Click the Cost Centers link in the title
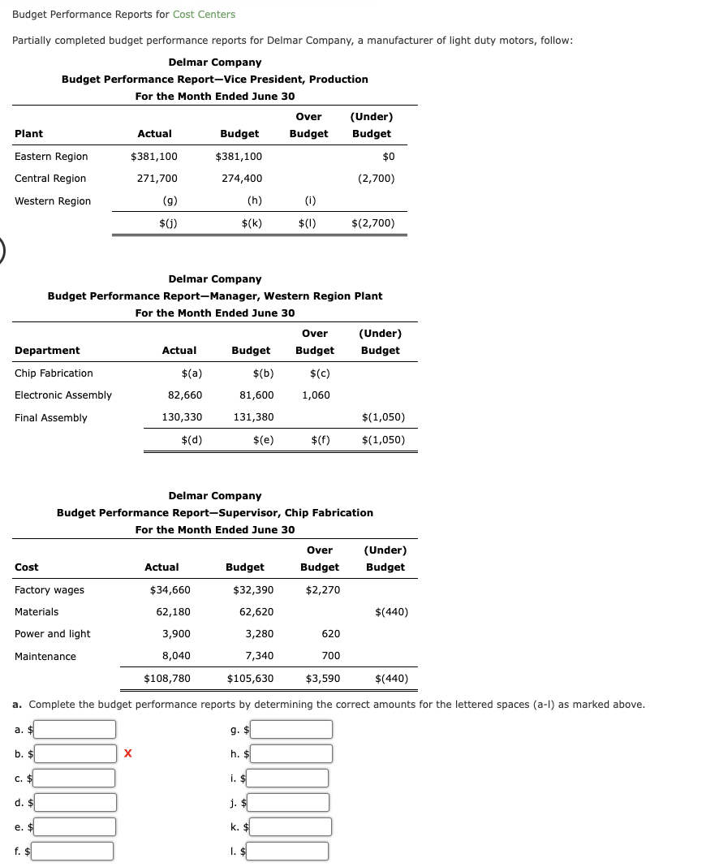204,14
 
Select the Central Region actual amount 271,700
154,179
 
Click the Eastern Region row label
51,157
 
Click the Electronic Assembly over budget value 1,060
316,395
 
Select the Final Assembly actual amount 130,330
183,417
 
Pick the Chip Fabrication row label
54,373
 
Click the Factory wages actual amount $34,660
170,590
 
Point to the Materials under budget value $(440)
392,612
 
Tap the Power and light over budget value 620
330,634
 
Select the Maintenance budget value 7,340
259,656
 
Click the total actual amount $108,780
167,679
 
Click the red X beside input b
127,754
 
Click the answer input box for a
74,730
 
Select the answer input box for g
291,730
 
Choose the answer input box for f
72,851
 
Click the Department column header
47,351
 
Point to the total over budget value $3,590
323,679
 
